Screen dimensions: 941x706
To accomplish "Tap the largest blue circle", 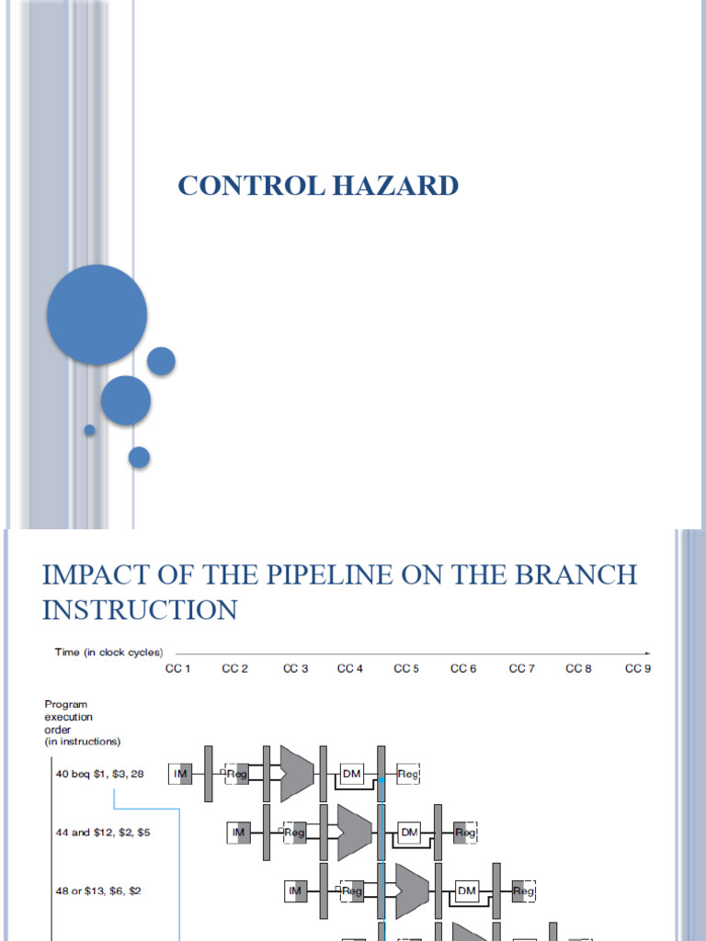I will coord(97,314).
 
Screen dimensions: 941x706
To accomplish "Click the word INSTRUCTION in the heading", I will coord(140,609).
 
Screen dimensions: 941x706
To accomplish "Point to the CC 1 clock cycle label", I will coord(176,669).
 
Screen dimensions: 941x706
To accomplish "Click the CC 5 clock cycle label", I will coord(406,669).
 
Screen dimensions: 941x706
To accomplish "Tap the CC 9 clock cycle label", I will coord(637,669).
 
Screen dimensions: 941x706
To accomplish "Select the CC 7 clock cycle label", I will coord(521,669).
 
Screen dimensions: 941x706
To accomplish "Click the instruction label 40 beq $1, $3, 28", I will coord(99,775).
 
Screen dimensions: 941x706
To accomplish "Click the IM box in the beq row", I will coord(181,775).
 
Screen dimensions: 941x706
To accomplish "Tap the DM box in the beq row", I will coord(352,775).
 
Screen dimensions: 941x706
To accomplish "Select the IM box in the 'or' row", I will coord(295,890).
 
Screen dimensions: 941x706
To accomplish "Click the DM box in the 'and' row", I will coord(409,833).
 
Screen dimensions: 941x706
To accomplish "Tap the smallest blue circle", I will coord(89,429).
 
